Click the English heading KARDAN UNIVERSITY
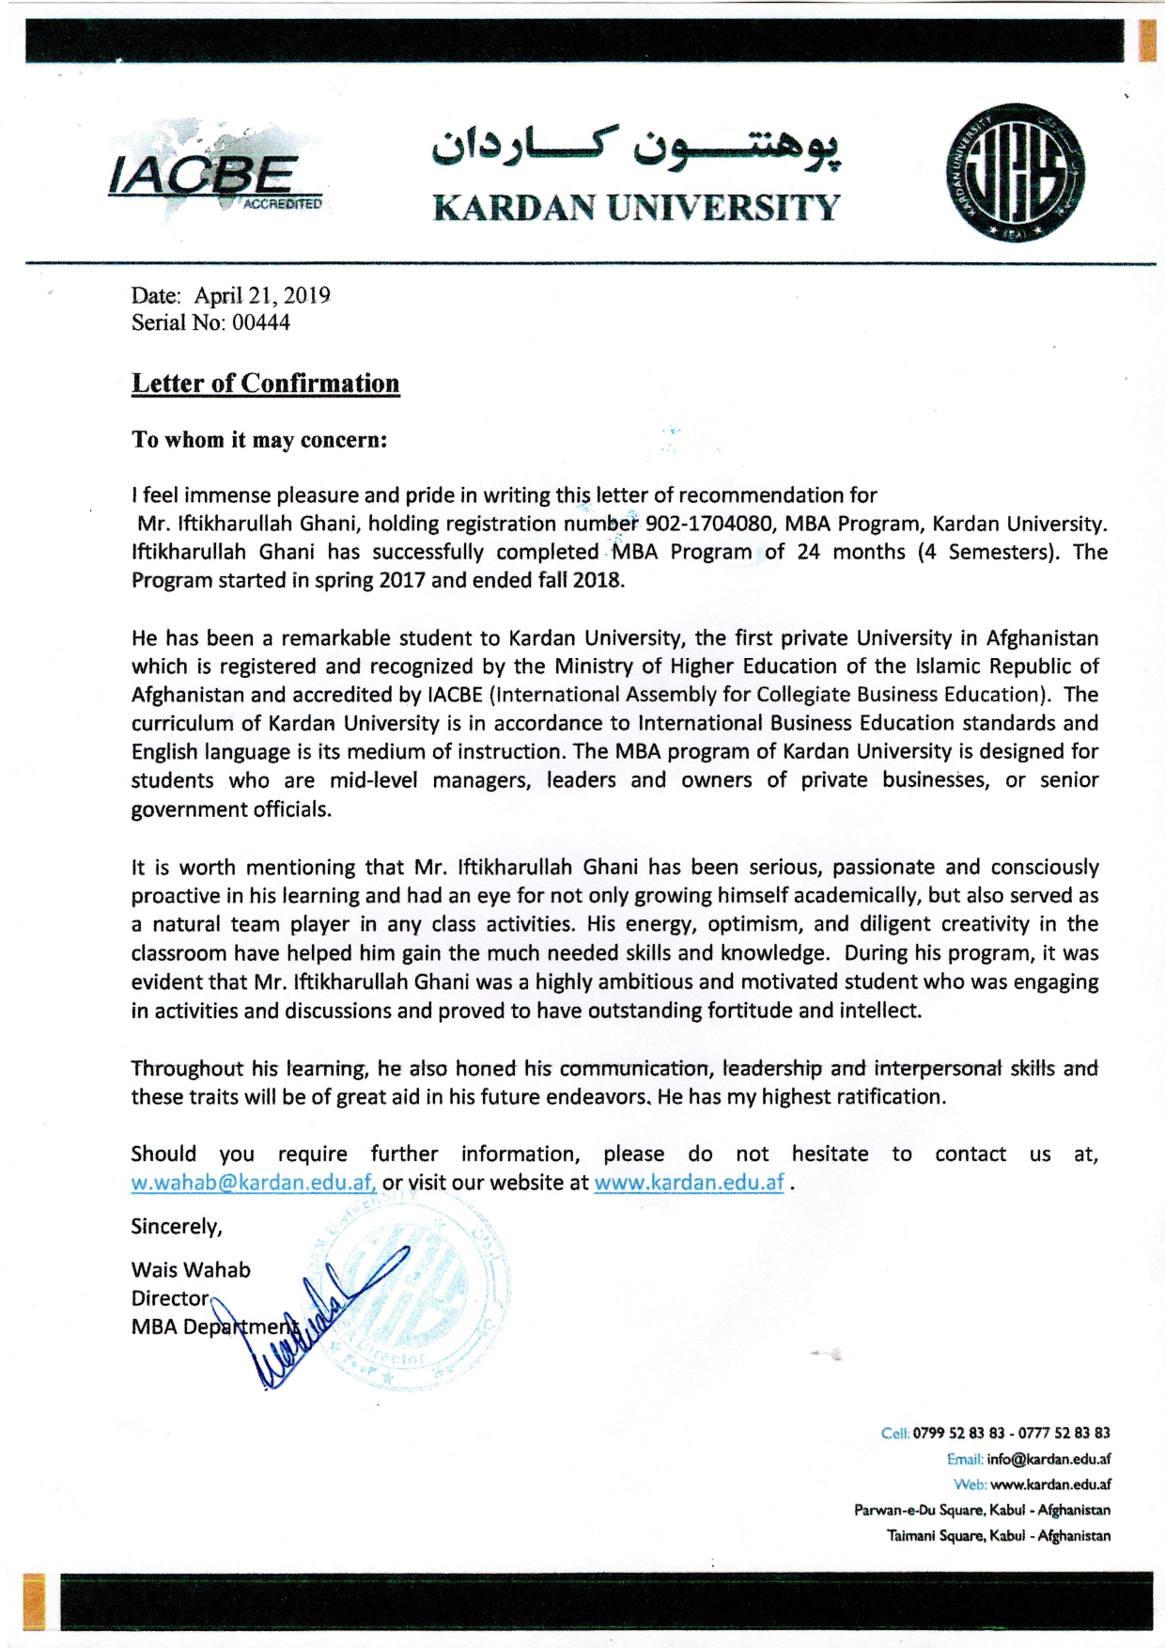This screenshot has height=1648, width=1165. tap(636, 208)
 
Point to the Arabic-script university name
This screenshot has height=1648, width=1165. tap(636, 149)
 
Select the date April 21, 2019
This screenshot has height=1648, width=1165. tap(262, 295)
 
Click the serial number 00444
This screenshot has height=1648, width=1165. tap(261, 322)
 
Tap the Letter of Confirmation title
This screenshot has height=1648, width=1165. tap(266, 384)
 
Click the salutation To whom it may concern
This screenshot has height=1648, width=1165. tap(259, 440)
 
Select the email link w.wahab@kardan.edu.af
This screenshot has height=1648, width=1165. tap(254, 1183)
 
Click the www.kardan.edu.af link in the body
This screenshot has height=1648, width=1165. tap(689, 1183)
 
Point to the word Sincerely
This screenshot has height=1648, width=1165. tap(177, 1227)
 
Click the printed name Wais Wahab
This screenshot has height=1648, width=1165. tap(191, 1270)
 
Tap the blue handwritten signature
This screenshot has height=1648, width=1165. tap(319, 1316)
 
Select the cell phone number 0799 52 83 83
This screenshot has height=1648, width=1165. tap(959, 1433)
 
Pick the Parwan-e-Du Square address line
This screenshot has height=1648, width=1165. tap(982, 1510)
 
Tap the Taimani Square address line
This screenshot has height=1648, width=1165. tap(999, 1535)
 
